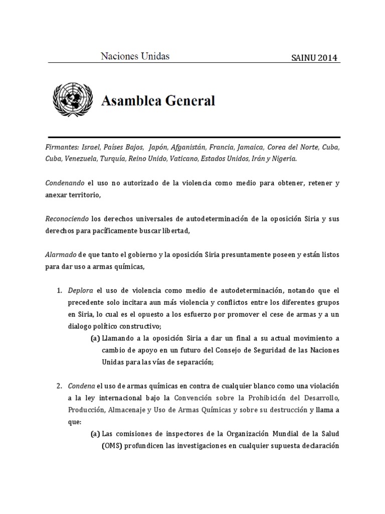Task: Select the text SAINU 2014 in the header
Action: pos(315,58)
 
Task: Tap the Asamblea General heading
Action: pos(158,101)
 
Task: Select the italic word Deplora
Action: pos(81,291)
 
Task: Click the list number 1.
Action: pos(59,291)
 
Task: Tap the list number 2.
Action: pos(59,386)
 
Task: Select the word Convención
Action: pos(194,398)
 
